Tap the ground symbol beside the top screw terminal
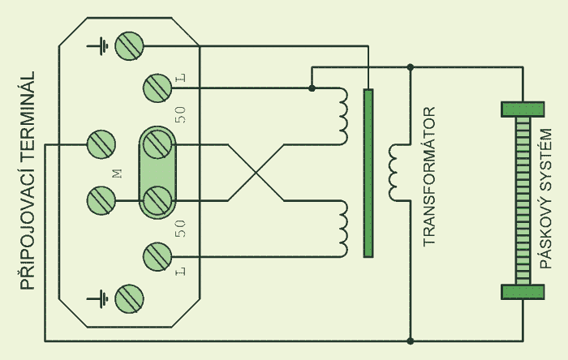[x=97, y=46]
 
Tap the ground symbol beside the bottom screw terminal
[x=97, y=299]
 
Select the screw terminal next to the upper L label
[x=157, y=88]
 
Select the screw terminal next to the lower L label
[x=157, y=257]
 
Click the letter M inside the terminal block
[x=118, y=174]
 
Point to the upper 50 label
[x=180, y=114]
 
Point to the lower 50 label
[x=180, y=229]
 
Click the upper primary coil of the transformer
[x=344, y=116]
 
